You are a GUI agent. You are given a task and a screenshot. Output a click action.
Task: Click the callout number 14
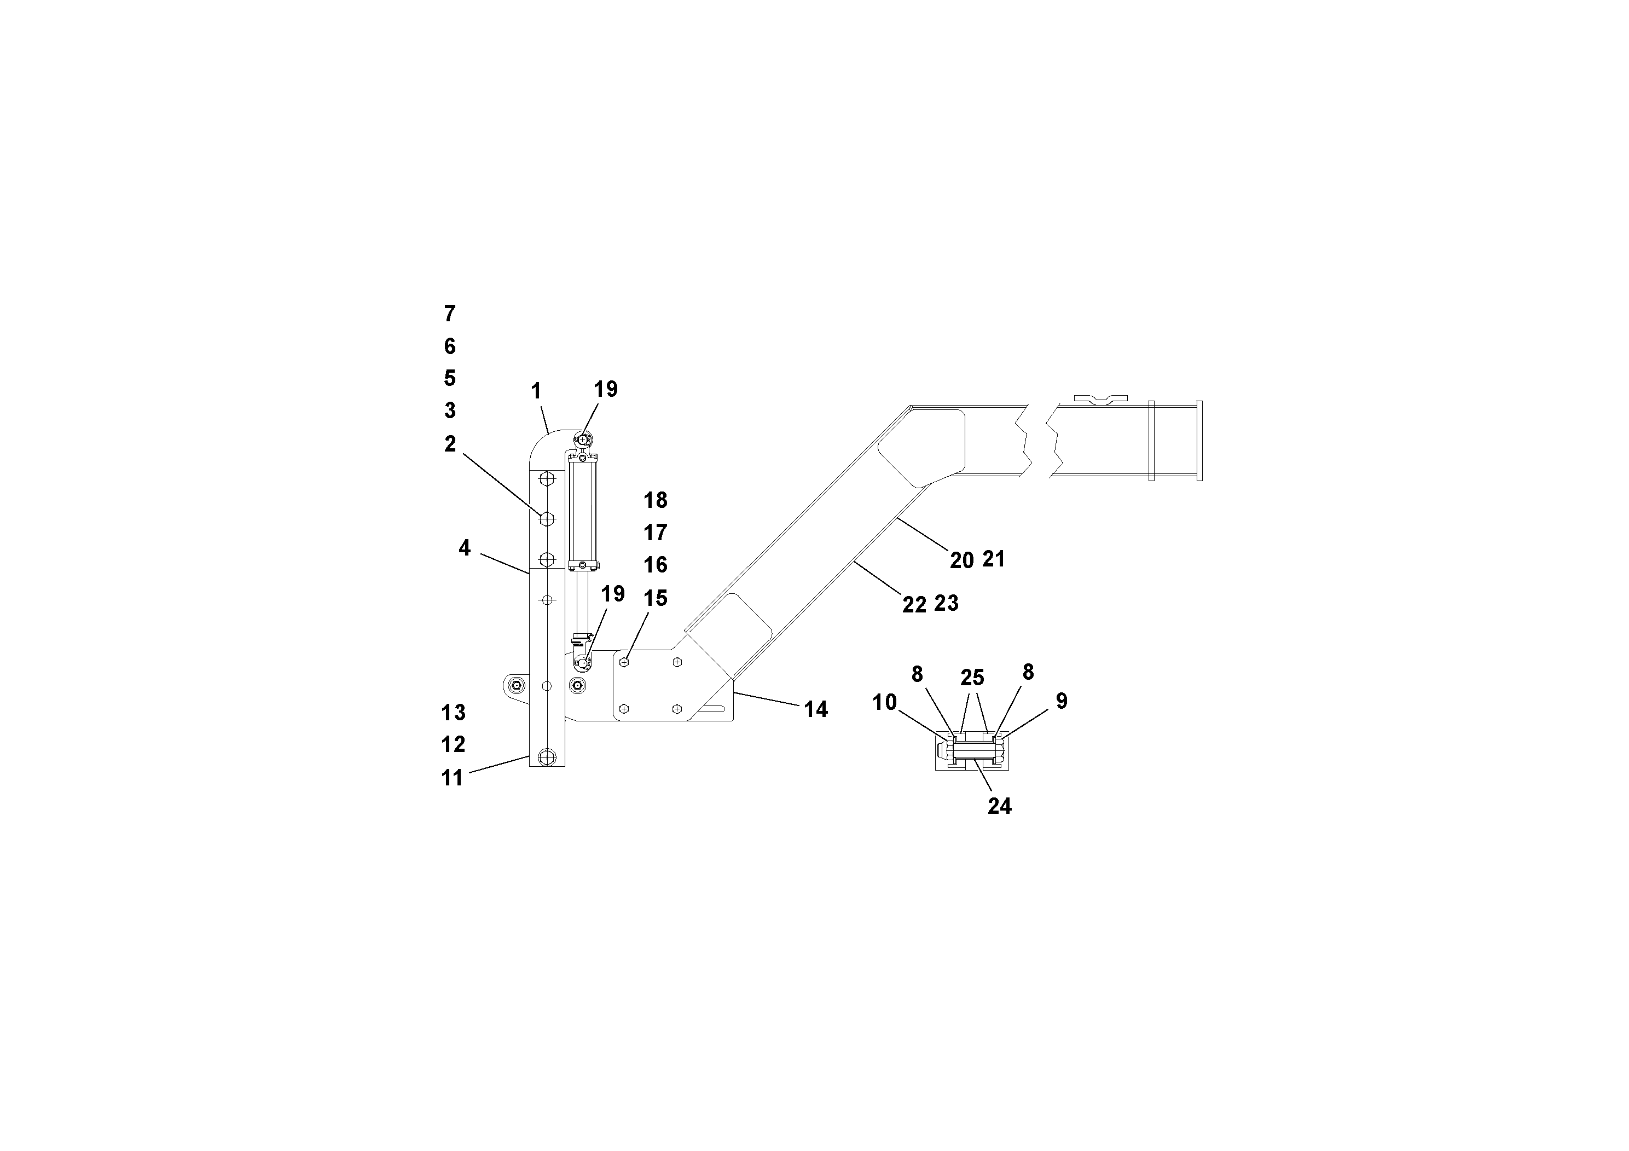click(815, 710)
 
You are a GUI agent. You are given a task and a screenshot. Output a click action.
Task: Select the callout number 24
click(999, 806)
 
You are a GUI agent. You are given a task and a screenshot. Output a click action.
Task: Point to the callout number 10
click(884, 703)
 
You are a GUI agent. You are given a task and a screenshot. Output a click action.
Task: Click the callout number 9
click(1062, 701)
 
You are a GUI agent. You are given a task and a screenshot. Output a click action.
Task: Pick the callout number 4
click(464, 548)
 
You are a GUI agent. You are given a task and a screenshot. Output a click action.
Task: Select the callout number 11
click(452, 778)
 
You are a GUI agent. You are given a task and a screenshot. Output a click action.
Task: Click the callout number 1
click(536, 391)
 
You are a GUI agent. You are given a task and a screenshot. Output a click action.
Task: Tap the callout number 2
click(450, 444)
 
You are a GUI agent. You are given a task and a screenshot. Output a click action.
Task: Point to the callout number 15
click(655, 598)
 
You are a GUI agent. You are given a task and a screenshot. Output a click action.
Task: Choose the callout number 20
click(961, 560)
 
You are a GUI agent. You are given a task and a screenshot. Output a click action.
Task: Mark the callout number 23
click(947, 603)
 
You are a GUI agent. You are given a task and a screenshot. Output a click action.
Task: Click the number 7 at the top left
click(450, 313)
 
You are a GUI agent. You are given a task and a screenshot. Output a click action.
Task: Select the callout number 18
click(655, 500)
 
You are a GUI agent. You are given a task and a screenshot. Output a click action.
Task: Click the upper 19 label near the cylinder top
click(605, 389)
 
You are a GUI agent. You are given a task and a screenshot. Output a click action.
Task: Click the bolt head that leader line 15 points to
click(624, 662)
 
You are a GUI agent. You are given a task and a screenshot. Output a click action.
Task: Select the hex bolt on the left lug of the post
click(517, 685)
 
